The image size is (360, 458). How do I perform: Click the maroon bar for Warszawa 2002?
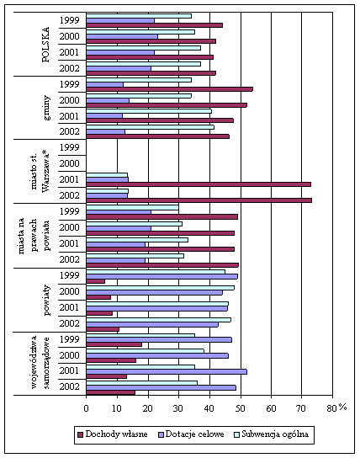[x=199, y=200]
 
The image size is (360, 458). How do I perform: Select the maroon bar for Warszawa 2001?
[x=199, y=184]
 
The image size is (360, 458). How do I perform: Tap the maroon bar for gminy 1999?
[x=170, y=89]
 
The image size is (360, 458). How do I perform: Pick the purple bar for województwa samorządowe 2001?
[x=167, y=372]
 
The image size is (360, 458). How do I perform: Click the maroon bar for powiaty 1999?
[x=95, y=281]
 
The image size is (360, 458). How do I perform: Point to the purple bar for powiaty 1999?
[x=161, y=276]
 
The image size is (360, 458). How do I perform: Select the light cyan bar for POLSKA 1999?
[x=139, y=16]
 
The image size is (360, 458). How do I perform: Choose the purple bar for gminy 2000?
[x=108, y=100]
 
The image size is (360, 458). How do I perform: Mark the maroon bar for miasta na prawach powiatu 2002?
[x=162, y=265]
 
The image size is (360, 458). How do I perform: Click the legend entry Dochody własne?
[x=114, y=434]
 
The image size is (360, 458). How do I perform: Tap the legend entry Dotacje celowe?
[x=192, y=434]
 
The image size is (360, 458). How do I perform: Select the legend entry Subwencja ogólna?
[x=272, y=434]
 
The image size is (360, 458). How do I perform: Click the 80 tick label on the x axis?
[x=332, y=408]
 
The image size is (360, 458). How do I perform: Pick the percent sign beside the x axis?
[x=342, y=407]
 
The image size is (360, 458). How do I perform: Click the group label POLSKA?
[x=45, y=45]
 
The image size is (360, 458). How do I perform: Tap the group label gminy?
[x=46, y=108]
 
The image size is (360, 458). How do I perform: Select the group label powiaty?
[x=46, y=300]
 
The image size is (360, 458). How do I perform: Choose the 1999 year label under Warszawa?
[x=70, y=147]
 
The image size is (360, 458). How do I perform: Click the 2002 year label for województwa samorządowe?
[x=70, y=386]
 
